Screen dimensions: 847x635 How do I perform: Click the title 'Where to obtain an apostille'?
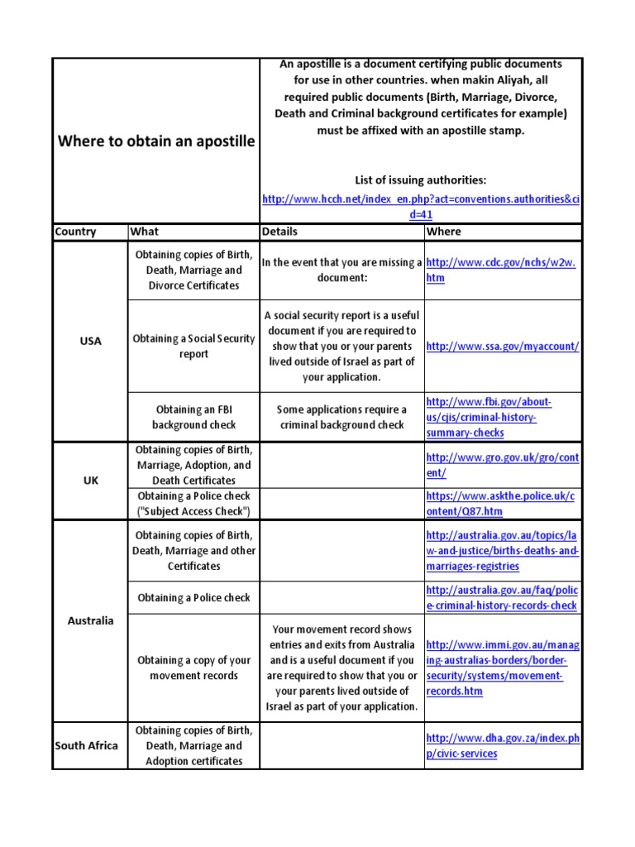pyautogui.click(x=156, y=141)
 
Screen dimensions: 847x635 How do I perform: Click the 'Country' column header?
pyautogui.click(x=75, y=232)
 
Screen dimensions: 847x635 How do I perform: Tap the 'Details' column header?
pyautogui.click(x=279, y=232)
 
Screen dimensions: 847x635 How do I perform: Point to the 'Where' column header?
pyautogui.click(x=444, y=232)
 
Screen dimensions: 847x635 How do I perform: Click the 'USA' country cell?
pyautogui.click(x=90, y=341)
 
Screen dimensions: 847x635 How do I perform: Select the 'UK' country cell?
pyautogui.click(x=90, y=480)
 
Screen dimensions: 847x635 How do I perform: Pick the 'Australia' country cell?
pyautogui.click(x=90, y=620)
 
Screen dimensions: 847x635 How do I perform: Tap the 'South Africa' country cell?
pyautogui.click(x=87, y=745)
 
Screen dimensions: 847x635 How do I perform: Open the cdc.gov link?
pyautogui.click(x=500, y=270)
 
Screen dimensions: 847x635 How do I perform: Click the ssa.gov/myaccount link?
pyautogui.click(x=502, y=347)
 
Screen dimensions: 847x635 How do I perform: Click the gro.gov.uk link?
pyautogui.click(x=502, y=465)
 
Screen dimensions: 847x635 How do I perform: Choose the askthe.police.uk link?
pyautogui.click(x=502, y=503)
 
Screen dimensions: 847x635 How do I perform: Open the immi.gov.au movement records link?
pyautogui.click(x=502, y=668)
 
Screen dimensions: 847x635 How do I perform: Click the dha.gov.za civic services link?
pyautogui.click(x=502, y=745)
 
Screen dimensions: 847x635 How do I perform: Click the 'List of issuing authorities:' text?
pyautogui.click(x=420, y=180)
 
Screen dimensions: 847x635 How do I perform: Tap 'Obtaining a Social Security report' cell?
pyautogui.click(x=193, y=347)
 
